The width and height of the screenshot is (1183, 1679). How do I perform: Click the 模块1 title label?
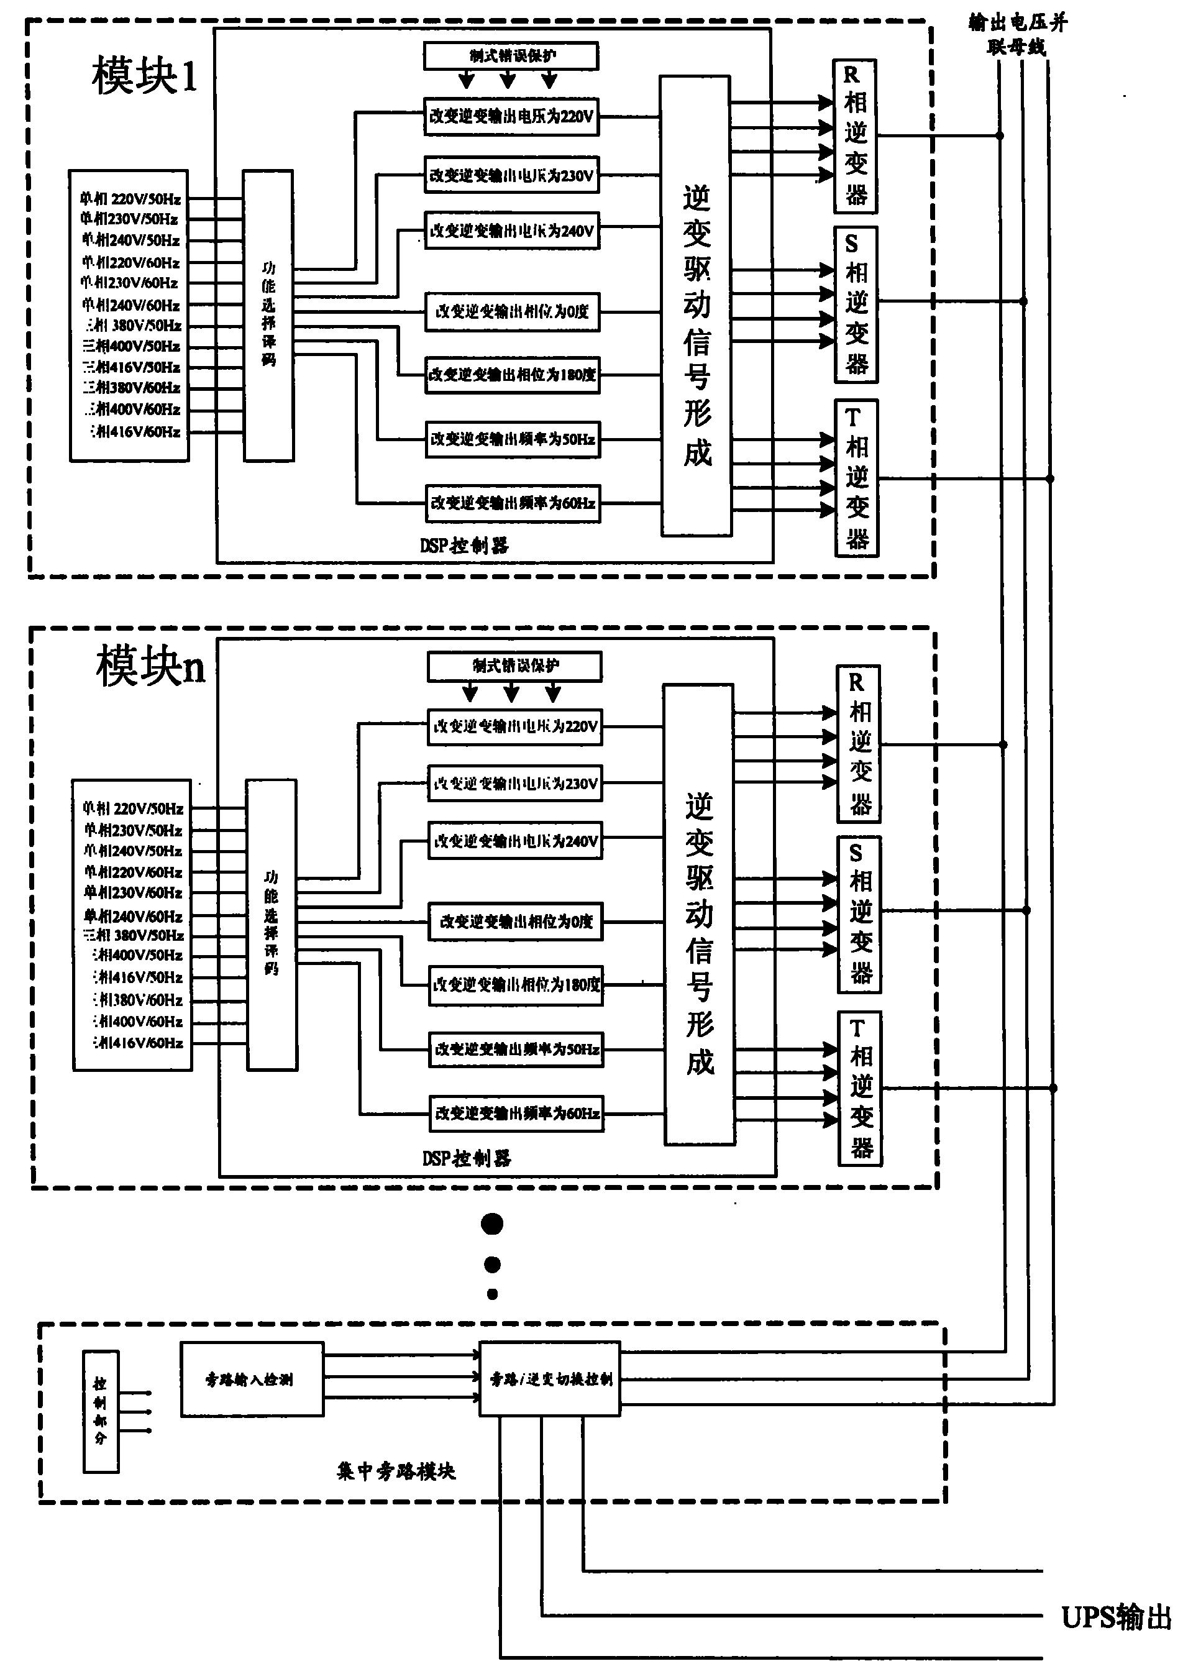pos(144,75)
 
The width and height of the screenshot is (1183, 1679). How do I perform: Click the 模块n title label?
pos(150,667)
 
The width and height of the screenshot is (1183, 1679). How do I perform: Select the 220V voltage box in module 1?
pos(511,117)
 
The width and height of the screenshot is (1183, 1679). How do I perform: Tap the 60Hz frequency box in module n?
pos(516,1114)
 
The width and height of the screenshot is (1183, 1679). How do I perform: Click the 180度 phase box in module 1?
pos(512,375)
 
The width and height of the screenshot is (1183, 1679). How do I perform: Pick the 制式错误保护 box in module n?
pos(514,666)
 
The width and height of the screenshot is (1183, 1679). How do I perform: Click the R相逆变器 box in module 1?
pos(855,136)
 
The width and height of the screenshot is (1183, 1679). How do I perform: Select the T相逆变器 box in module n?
pos(860,1089)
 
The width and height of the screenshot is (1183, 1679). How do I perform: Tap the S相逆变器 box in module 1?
pos(856,304)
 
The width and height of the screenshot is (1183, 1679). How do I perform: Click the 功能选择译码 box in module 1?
pos(268,315)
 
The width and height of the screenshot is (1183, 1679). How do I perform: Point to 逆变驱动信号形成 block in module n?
pos(698,914)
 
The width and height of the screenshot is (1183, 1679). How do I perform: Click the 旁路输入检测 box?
pos(252,1380)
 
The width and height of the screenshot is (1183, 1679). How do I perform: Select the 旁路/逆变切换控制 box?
pos(550,1380)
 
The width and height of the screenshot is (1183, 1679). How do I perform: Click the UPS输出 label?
pos(1116,1617)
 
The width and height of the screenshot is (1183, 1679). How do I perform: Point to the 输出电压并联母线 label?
pos(1017,34)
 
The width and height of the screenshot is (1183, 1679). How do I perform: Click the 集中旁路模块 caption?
pos(396,1471)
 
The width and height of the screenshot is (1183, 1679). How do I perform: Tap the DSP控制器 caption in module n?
pos(467,1158)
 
